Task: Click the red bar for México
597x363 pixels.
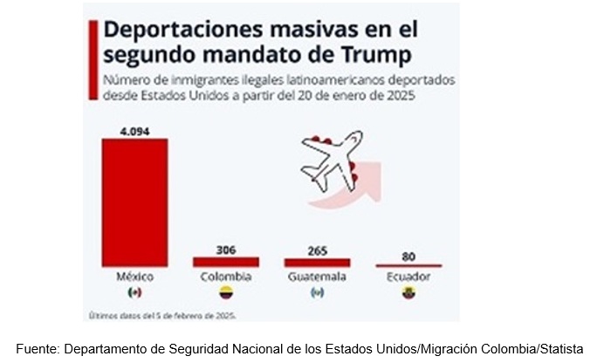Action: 134,202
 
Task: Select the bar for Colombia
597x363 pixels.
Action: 226,262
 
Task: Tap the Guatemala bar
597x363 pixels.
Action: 317,262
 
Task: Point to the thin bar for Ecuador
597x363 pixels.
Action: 408,265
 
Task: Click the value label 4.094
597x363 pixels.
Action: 135,132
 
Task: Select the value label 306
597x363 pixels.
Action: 226,250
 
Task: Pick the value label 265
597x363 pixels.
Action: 317,250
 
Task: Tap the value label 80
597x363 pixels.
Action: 408,257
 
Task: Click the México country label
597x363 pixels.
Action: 134,277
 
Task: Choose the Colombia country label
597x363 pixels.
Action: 226,277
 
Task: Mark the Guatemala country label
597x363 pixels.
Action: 317,277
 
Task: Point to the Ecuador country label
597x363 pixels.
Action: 408,277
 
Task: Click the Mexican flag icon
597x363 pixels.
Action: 134,291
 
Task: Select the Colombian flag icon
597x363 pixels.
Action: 226,291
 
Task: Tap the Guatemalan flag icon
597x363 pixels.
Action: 317,291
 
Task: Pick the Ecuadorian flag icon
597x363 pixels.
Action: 408,291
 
